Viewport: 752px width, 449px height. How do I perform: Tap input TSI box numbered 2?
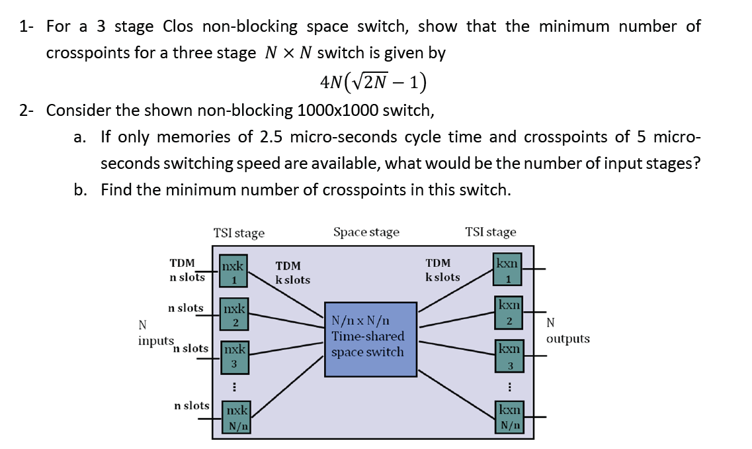(x=234, y=315)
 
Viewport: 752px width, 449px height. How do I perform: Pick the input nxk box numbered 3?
(x=233, y=357)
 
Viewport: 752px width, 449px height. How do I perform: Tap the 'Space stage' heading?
(x=366, y=232)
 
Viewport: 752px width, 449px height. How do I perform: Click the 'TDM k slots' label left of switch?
(x=292, y=272)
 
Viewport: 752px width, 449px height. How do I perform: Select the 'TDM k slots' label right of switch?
(x=442, y=270)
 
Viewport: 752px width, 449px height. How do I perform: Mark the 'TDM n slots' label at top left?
(x=187, y=270)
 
